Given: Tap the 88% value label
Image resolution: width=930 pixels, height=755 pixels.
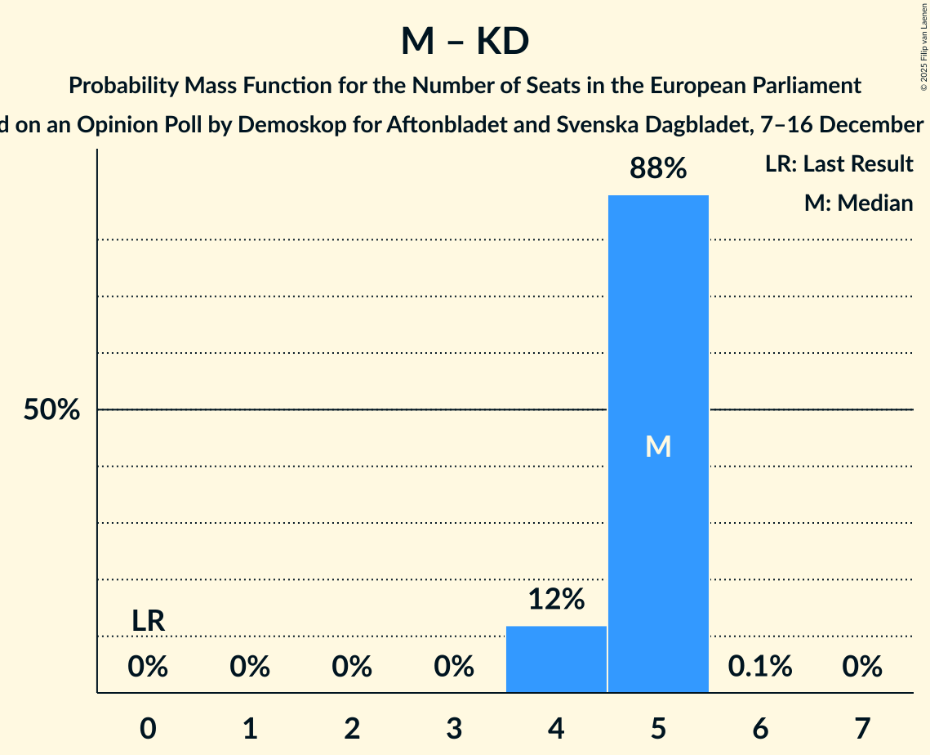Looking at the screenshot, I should [658, 168].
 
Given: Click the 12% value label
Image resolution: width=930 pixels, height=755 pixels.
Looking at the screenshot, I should [556, 600].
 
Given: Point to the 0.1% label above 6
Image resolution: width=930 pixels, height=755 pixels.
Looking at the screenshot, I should [760, 667].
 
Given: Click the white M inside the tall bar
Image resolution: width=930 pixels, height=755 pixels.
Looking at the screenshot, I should [658, 446].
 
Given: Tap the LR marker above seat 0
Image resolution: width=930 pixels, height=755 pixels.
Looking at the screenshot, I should [149, 622].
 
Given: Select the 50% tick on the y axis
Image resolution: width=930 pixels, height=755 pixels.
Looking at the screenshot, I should [51, 410].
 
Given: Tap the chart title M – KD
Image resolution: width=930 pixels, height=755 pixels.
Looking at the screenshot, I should [465, 42].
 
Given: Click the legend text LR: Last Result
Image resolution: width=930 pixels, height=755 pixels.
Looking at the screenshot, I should [839, 164].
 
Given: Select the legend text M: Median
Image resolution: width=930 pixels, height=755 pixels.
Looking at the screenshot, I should [858, 203].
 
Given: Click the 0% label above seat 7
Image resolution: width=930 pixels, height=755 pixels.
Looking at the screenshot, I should [862, 667].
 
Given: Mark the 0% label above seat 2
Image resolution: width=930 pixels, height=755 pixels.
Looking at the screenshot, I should [352, 667].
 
